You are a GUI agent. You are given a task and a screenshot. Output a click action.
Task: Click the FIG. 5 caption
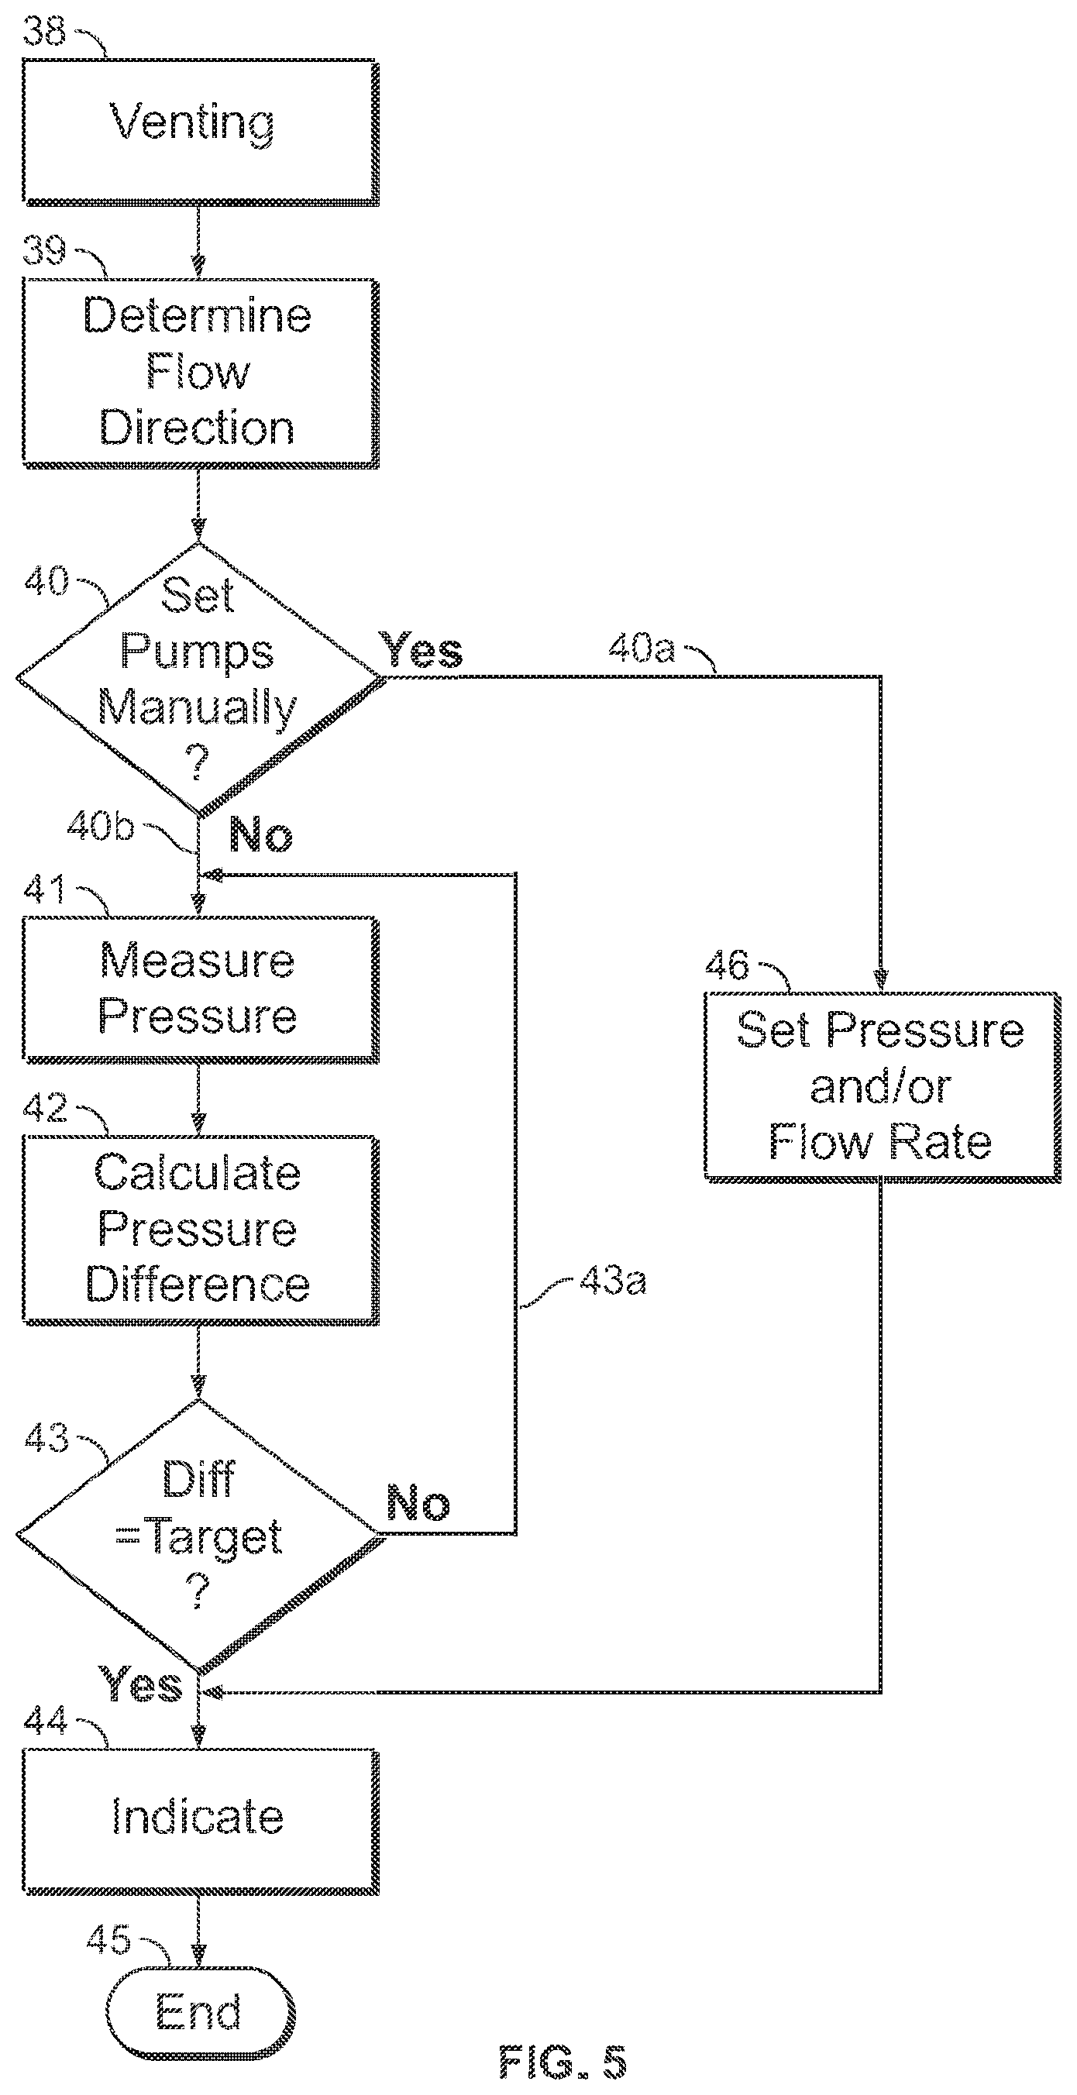click(x=563, y=2062)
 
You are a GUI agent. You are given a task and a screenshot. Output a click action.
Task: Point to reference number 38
click(x=44, y=31)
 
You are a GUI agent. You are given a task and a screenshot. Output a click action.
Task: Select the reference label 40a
click(x=642, y=648)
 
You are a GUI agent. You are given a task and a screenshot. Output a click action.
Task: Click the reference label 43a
click(x=614, y=1281)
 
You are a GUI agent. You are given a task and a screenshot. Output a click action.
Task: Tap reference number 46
click(x=727, y=965)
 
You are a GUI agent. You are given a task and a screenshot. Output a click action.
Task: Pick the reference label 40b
click(x=100, y=826)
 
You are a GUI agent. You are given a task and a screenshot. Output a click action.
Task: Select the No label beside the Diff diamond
click(x=418, y=1502)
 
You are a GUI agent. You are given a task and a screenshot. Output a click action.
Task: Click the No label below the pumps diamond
click(x=261, y=834)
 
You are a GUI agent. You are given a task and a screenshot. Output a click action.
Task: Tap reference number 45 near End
click(x=108, y=1940)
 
